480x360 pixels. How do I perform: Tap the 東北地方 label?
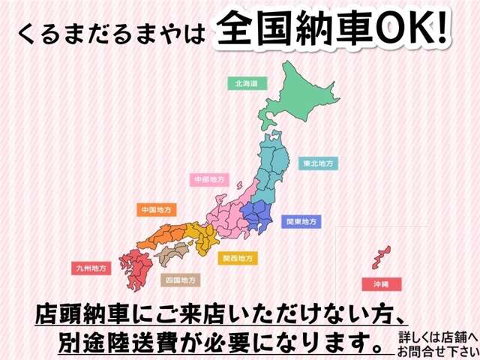tap(318, 162)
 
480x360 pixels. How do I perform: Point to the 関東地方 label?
tap(301, 221)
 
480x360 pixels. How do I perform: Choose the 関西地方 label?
tap(237, 258)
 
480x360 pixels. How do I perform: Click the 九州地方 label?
tap(91, 267)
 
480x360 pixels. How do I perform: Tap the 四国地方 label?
tap(180, 280)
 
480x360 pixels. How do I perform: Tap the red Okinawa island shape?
tap(380, 255)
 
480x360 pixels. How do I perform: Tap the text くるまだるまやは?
tap(111, 33)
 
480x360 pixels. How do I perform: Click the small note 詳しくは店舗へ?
tap(436, 333)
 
